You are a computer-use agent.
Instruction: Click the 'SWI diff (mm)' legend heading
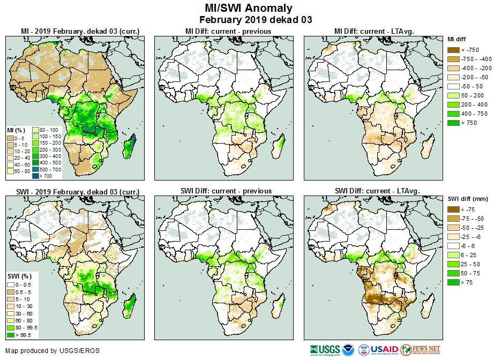point(467,199)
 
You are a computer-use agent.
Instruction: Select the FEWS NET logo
point(421,350)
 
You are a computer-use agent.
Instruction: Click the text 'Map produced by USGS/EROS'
point(52,351)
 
